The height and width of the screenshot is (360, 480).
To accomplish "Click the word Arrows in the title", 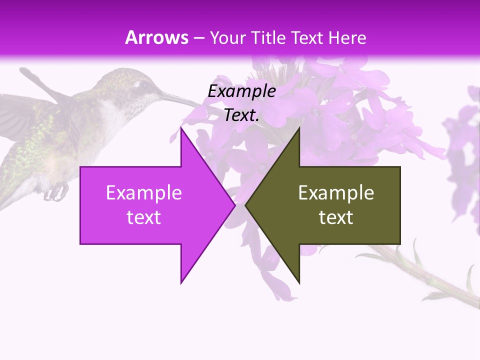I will coord(157,37).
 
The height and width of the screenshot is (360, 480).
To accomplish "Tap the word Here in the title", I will coord(347,37).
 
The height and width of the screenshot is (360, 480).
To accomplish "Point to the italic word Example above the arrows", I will coord(241,91).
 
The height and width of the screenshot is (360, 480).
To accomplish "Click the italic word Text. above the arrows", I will coord(241,115).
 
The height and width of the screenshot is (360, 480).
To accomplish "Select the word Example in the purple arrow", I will coord(143,193).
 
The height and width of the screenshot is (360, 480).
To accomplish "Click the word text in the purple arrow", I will coord(143,217).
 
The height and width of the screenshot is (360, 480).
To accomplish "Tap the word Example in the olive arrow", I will coord(336,193).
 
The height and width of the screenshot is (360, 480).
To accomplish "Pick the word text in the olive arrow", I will coord(336,217).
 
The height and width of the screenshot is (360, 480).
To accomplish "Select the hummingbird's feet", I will coord(59,190).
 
